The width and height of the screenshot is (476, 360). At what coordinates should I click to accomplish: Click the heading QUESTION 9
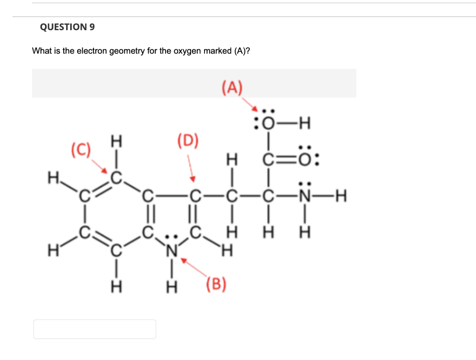tap(67, 27)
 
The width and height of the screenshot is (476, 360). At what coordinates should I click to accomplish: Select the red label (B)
tap(216, 283)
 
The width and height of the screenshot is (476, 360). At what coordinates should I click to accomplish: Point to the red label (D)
tap(188, 140)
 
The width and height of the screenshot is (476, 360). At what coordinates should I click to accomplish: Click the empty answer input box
tap(95, 329)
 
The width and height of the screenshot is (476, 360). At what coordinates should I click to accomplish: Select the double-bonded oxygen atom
tap(305, 160)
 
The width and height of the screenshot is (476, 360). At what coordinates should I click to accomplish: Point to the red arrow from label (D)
tap(191, 167)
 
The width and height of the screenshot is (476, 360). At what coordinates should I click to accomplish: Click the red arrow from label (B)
tap(196, 269)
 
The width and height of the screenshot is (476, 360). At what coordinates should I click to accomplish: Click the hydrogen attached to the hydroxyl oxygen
tap(304, 124)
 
